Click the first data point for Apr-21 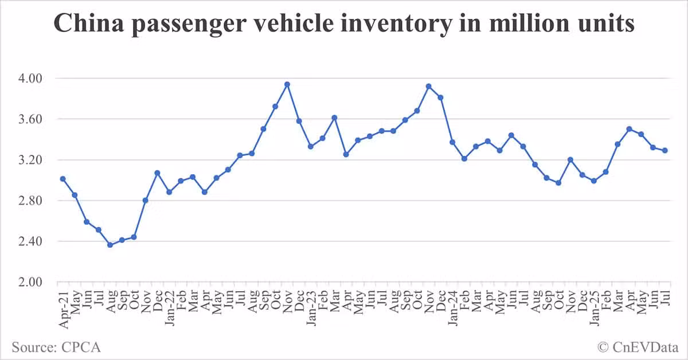63,179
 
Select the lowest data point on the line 110,245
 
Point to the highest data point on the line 287,84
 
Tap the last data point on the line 664,150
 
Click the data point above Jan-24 452,142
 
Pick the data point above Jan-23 311,146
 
